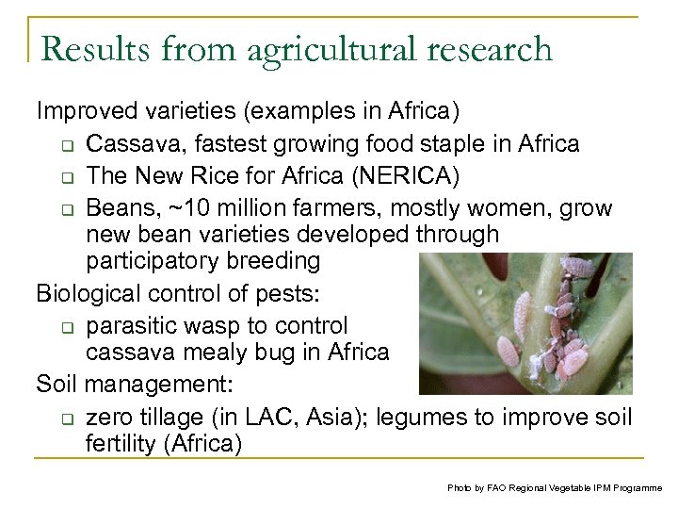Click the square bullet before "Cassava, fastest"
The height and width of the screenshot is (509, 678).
tap(62, 145)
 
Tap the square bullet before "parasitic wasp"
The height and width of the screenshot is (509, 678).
tap(62, 327)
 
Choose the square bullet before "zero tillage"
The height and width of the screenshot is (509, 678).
tap(62, 418)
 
